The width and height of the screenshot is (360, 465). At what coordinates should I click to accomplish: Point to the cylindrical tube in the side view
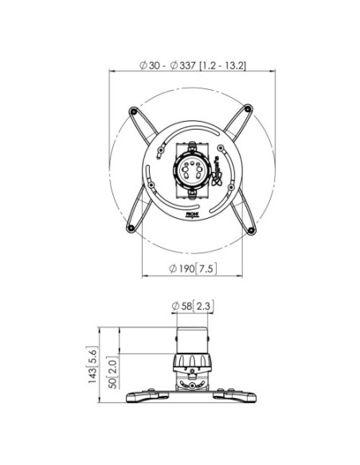[x=193, y=339]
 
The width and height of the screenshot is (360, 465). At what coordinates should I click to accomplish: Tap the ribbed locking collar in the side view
[x=193, y=364]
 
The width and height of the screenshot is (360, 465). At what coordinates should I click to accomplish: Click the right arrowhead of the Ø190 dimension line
[x=243, y=276]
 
